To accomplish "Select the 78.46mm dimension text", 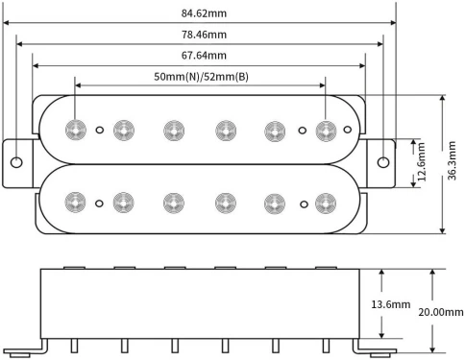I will [x=206, y=36].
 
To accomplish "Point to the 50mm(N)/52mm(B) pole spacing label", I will [x=201, y=76].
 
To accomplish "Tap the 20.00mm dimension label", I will [x=441, y=312].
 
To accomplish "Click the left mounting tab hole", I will [x=17, y=160].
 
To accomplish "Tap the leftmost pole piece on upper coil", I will [x=75, y=129].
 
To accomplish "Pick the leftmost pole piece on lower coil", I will [x=75, y=202].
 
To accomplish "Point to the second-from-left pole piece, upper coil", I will [x=123, y=129].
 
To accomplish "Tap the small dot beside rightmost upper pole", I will [x=304, y=129].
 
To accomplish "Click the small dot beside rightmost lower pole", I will [x=304, y=202].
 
